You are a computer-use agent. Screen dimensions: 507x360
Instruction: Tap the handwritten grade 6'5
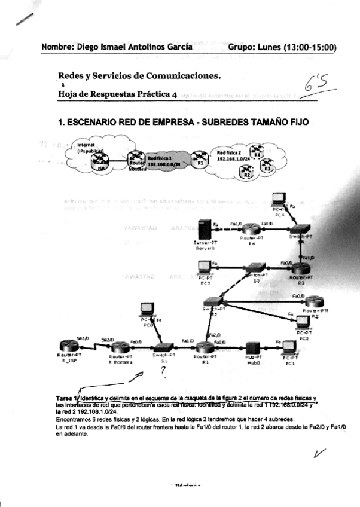315,88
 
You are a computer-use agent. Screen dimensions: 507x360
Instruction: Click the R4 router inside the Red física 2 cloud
258,156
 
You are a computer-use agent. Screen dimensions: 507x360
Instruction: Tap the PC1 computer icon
289,347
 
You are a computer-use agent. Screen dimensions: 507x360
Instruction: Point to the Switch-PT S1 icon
163,347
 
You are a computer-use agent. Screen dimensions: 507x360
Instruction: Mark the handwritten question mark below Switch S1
162,372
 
